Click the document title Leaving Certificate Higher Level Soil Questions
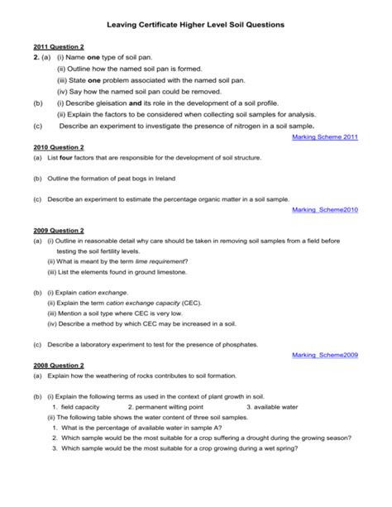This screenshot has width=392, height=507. point(196,26)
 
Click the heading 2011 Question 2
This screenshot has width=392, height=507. point(59,48)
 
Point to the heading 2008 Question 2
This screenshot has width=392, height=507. point(59,365)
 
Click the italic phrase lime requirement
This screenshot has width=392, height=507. point(162,261)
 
